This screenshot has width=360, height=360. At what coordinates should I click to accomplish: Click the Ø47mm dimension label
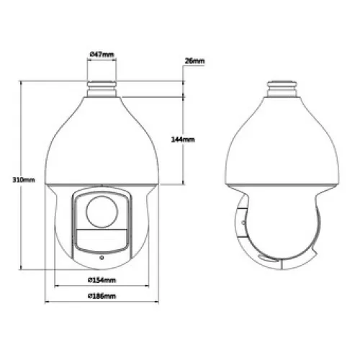click(x=102, y=55)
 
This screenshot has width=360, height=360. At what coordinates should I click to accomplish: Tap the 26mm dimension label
click(x=194, y=61)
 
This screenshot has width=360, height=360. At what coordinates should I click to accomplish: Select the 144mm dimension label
click(x=183, y=140)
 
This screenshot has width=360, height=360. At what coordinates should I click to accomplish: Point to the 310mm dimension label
click(x=24, y=180)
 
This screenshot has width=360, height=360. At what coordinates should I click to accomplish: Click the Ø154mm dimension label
click(x=102, y=280)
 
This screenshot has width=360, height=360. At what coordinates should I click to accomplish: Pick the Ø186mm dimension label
click(x=102, y=296)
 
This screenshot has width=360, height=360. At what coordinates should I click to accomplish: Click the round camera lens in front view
click(x=102, y=212)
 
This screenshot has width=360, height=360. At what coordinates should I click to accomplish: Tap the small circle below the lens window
click(x=102, y=258)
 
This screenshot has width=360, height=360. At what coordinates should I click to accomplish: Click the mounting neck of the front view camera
click(x=102, y=89)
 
